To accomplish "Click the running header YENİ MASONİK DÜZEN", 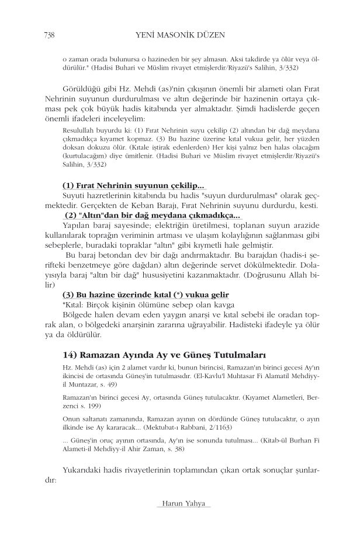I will [x=179, y=36].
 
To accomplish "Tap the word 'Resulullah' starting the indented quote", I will [x=79, y=131].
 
